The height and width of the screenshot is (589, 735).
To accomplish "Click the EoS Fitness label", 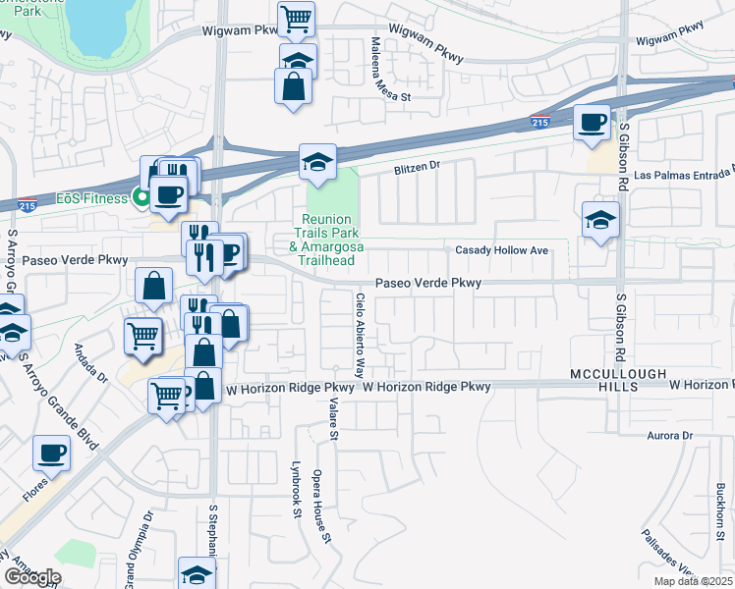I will pos(91,198).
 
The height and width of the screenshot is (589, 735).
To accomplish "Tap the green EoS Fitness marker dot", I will pos(141,198).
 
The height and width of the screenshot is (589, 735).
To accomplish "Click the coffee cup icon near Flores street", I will pos(51,455).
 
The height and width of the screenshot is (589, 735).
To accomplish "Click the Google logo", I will pos(32,576).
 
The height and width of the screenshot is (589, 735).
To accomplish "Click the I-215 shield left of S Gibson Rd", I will pos(539,122).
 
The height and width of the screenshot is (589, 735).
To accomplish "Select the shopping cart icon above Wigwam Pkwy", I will pos(296,19).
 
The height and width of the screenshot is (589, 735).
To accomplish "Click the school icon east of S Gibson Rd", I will pos(600,221).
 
